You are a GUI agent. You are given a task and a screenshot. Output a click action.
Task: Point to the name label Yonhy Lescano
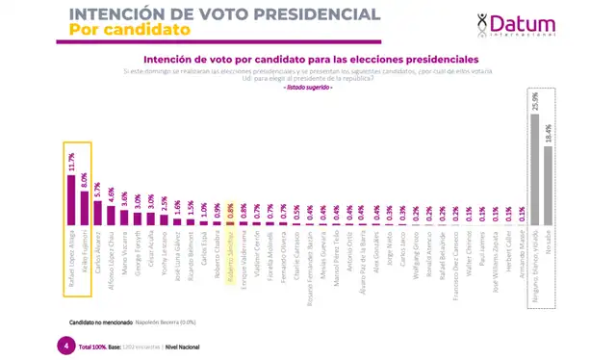[165, 250]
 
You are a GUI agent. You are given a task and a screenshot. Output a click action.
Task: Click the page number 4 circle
[64, 345]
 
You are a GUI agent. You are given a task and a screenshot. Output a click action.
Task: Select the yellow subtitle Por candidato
[125, 30]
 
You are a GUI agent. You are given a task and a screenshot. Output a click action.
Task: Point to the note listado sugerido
[308, 89]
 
